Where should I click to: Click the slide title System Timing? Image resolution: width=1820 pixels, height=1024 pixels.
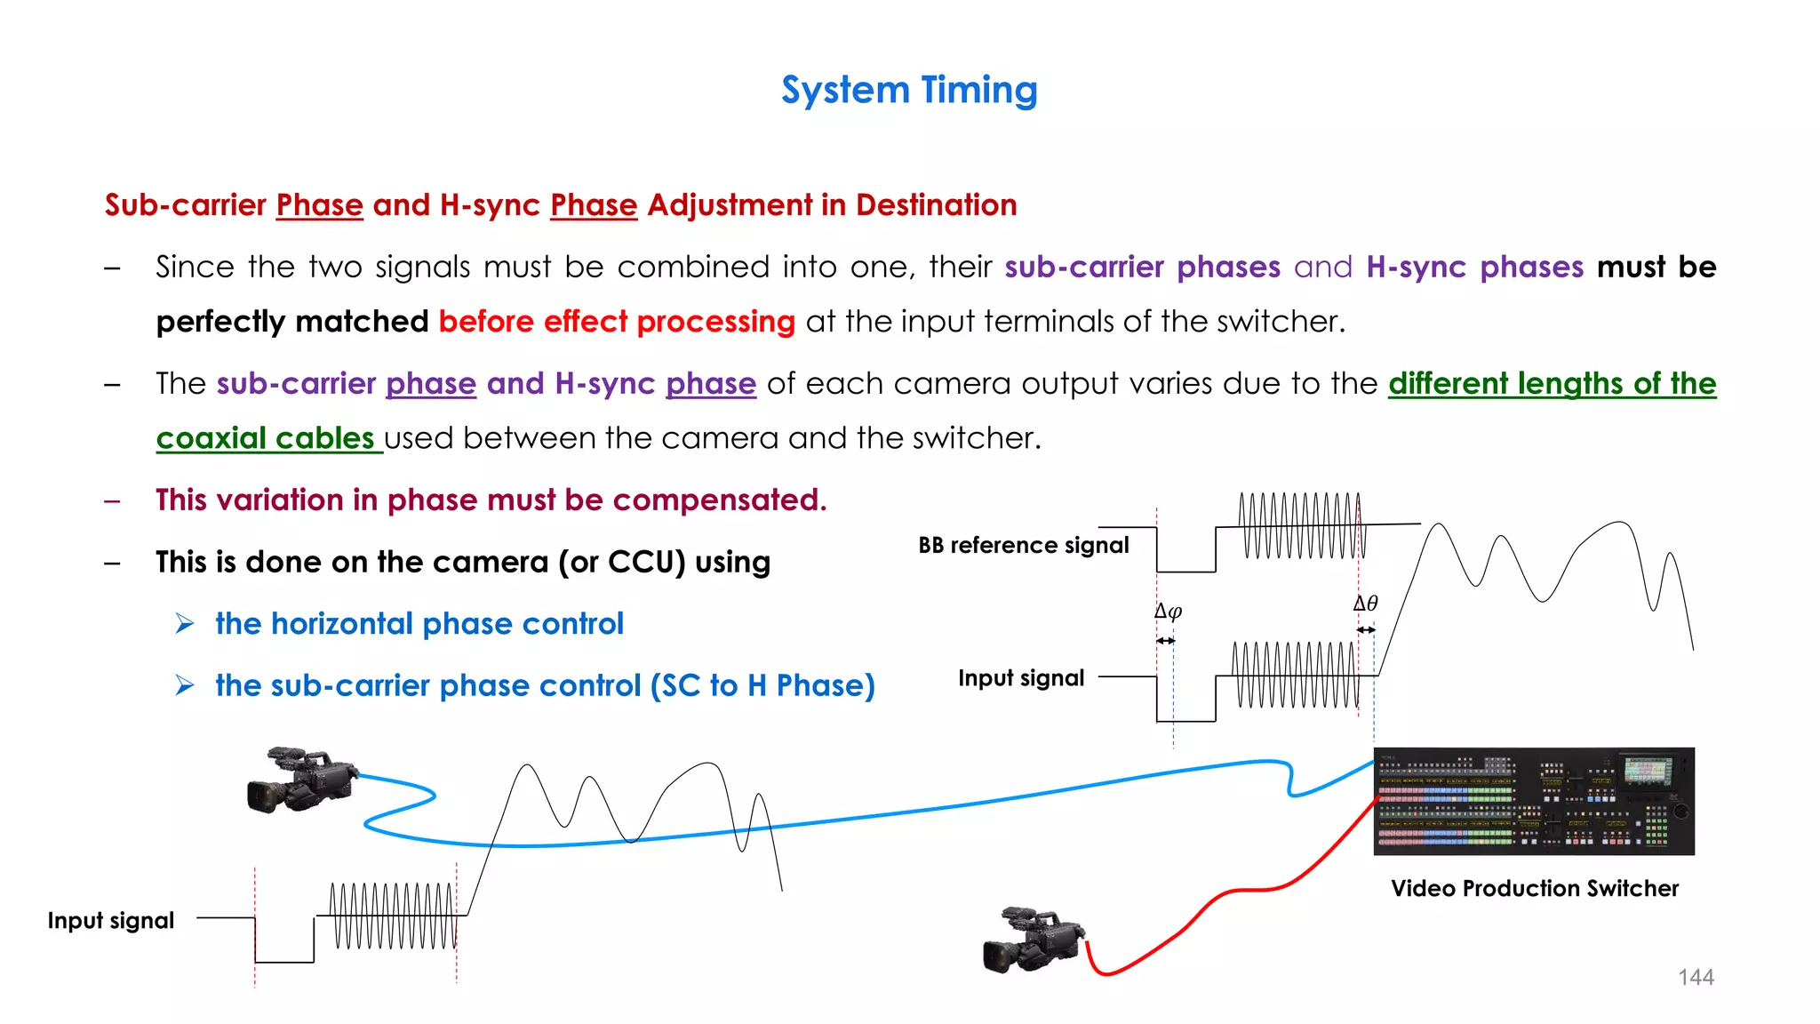909,91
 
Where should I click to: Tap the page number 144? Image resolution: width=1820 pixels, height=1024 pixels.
1696,977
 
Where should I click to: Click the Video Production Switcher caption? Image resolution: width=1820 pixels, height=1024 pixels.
1535,888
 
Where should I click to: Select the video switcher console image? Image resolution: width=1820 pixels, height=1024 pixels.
1534,801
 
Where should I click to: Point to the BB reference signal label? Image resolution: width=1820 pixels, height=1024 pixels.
1023,545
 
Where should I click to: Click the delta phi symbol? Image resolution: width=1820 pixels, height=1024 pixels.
1168,612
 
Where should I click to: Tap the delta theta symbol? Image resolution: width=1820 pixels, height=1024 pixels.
1365,604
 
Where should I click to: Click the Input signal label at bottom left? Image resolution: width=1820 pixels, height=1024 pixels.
111,920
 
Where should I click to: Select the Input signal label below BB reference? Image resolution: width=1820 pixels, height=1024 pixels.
1021,678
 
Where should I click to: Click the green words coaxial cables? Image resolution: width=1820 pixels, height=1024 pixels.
265,438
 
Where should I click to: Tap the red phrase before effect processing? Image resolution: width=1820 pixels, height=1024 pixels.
617,322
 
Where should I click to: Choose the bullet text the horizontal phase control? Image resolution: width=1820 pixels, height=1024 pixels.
419,624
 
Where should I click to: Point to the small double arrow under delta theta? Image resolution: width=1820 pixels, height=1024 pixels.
1366,630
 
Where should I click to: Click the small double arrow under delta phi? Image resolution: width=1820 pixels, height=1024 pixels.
1165,641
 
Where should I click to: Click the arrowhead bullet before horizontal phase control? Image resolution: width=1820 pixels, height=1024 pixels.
185,624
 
